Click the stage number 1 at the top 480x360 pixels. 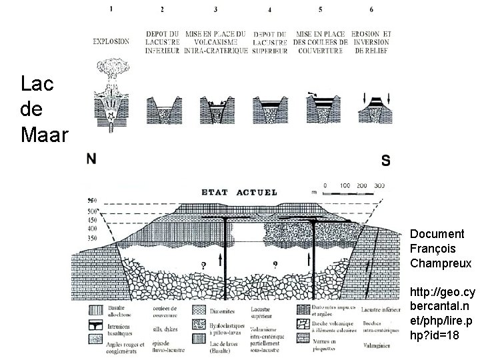(x=112, y=9)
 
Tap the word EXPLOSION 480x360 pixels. (x=111, y=41)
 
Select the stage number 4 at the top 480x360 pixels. (x=269, y=10)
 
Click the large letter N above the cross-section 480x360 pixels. (x=91, y=159)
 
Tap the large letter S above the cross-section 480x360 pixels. (x=386, y=161)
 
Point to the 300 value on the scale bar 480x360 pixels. (x=379, y=185)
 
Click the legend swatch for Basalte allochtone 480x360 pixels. (x=97, y=310)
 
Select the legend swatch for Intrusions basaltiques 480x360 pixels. (x=97, y=326)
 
